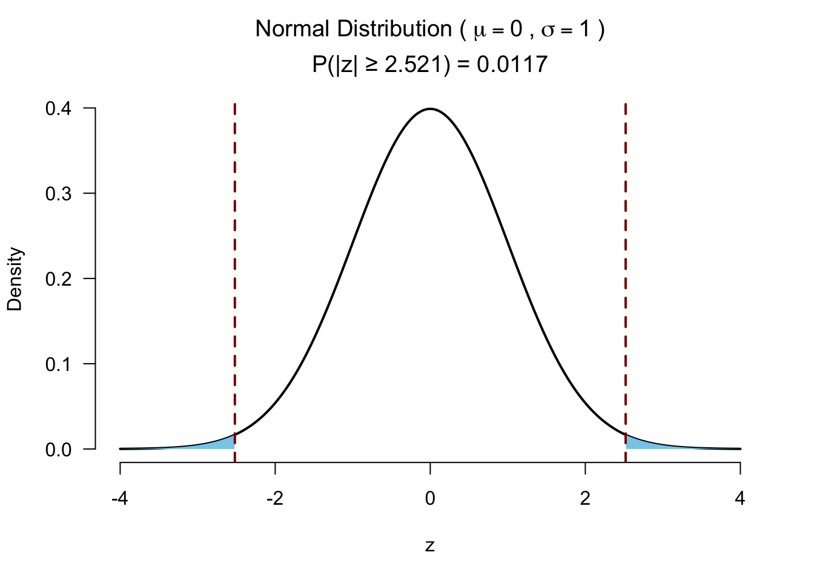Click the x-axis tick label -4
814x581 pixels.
pos(120,499)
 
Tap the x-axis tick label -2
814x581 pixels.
pos(275,499)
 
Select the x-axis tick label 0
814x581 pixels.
pos(430,499)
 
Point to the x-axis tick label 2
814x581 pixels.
pos(585,499)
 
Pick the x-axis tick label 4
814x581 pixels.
pos(740,499)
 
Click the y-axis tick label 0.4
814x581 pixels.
pos(58,109)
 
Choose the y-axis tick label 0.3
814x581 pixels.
pos(58,194)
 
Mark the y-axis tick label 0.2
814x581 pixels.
pos(58,279)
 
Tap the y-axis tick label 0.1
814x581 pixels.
pos(58,364)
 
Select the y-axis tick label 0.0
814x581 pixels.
pos(58,450)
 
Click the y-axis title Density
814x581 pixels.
pos(15,279)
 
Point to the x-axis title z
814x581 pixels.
pos(430,546)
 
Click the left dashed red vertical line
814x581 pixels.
pos(234,272)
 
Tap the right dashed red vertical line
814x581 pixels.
pos(626,272)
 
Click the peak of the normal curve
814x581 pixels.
pos(430,109)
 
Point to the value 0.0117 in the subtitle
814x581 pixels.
pos(512,64)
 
